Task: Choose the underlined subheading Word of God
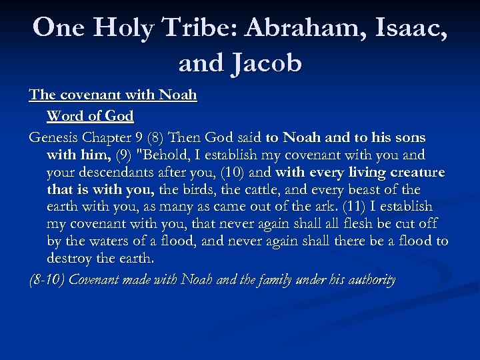coord(90,115)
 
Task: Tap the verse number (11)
coord(353,207)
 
